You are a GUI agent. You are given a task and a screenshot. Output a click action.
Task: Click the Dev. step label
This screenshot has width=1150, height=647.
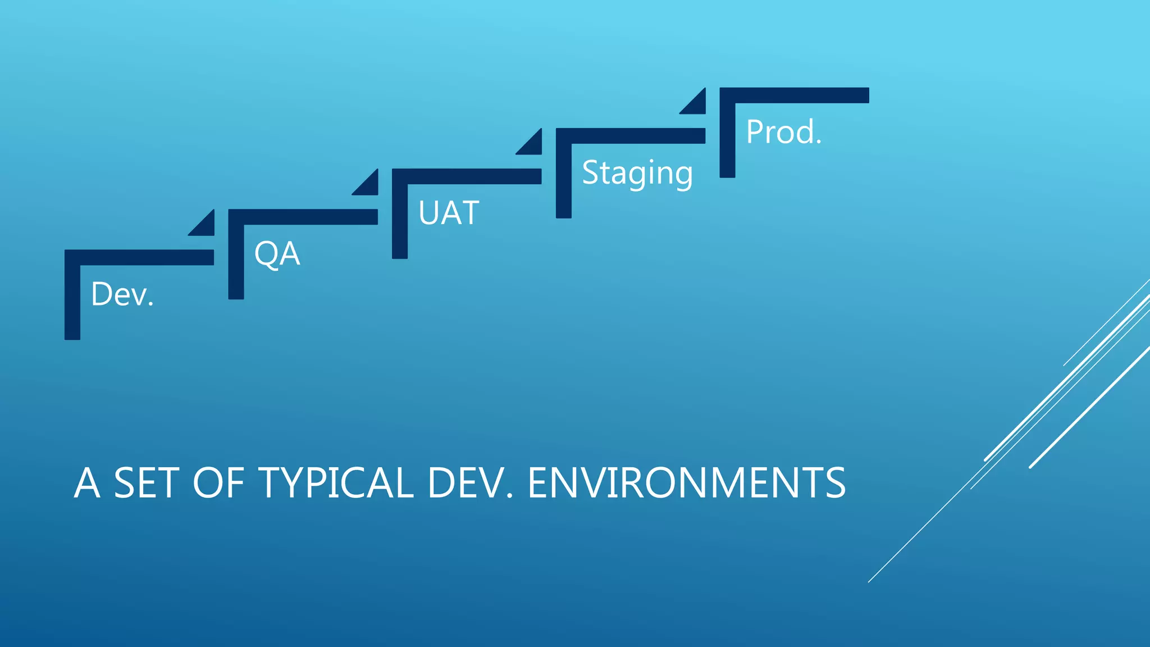click(x=122, y=294)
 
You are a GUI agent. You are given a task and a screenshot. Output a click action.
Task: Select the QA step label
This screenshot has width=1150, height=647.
click(x=277, y=254)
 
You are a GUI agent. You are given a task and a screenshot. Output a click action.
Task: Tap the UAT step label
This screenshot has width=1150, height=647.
click(x=449, y=213)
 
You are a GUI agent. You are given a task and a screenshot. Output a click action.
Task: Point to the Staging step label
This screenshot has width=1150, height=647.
click(x=637, y=173)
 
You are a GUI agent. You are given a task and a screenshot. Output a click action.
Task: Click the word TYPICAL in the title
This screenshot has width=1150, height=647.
click(x=336, y=483)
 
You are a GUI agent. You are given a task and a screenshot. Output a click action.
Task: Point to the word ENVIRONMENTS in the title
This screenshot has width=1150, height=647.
click(x=686, y=483)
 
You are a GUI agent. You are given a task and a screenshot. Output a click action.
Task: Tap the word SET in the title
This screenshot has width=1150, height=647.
click(x=147, y=483)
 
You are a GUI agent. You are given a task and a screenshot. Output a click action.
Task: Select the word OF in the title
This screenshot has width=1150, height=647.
click(x=219, y=483)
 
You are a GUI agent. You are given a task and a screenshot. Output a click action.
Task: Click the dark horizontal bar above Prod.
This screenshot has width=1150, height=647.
click(x=795, y=95)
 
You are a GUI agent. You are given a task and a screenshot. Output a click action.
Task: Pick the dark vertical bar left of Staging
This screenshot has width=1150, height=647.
click(x=564, y=174)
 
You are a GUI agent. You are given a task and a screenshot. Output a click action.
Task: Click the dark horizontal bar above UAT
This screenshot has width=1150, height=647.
click(x=467, y=176)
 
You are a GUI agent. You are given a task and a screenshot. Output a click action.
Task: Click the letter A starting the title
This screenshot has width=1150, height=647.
click(x=87, y=483)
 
